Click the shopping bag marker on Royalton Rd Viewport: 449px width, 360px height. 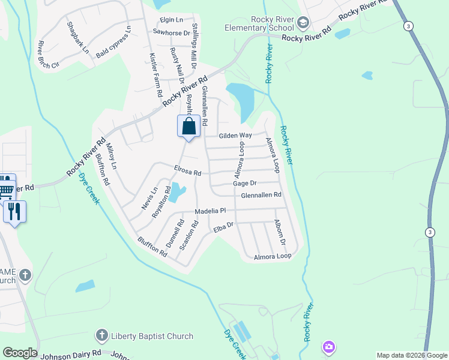click(188, 127)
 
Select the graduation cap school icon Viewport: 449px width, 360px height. click(303, 23)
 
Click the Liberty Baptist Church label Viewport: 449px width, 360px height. click(152, 337)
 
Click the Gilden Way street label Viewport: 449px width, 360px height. click(235, 136)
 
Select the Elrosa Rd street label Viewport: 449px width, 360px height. click(187, 172)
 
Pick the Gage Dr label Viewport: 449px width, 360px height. click(245, 184)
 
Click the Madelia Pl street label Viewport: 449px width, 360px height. click(209, 211)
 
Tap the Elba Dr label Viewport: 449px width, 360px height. click(223, 227)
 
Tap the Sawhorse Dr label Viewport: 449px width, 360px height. click(171, 32)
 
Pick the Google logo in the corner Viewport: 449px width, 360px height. click(20, 353)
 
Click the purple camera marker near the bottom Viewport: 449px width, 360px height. click(328, 347)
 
